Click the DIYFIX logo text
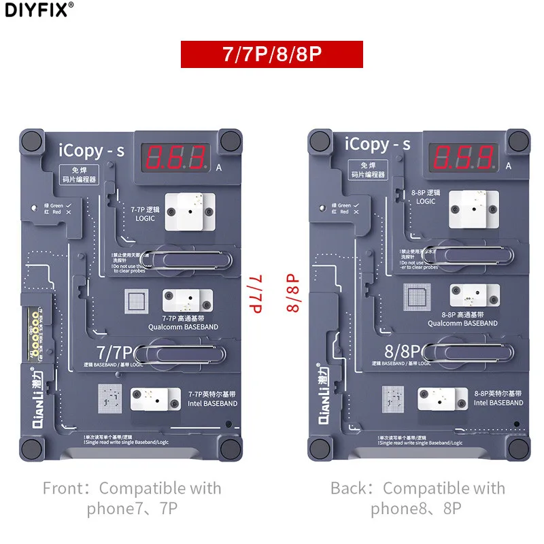[37, 10]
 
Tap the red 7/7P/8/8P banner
[271, 54]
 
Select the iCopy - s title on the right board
[377, 145]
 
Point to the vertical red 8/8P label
[293, 293]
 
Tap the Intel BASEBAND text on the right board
[498, 403]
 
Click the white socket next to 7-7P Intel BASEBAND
[154, 400]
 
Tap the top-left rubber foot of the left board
[33, 142]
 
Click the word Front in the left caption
[65, 488]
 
